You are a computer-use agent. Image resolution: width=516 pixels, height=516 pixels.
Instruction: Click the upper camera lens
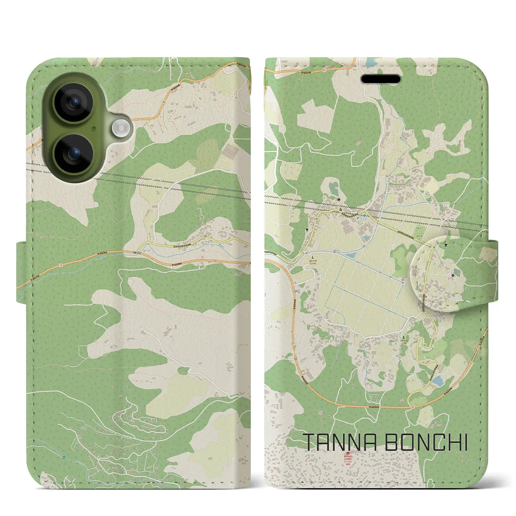pos(74,102)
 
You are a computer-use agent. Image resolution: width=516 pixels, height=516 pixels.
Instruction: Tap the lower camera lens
pos(74,154)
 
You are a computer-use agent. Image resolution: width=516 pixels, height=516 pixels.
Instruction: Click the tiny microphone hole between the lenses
pos(94,129)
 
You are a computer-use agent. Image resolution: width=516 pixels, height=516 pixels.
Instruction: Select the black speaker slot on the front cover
pos(381,79)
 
